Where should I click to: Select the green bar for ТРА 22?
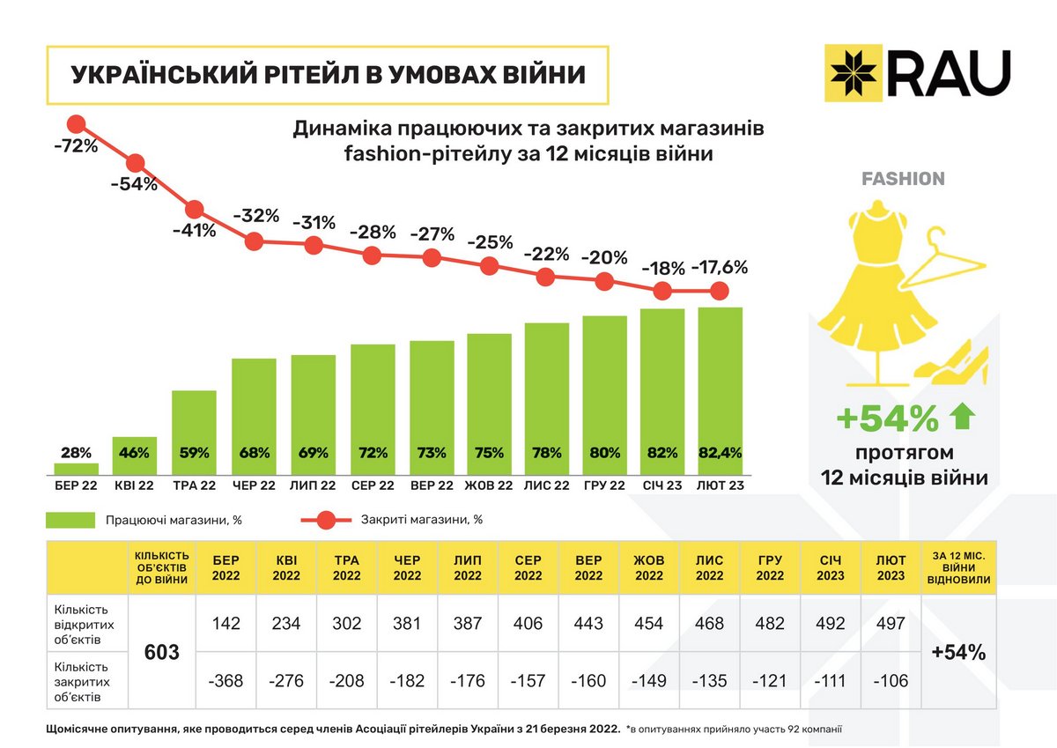click(194, 432)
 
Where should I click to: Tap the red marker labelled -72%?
click(76, 124)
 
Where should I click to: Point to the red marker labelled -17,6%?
click(720, 291)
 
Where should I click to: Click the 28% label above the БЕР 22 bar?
click(76, 453)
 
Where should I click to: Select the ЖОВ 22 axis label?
click(489, 485)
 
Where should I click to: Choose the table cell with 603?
click(161, 652)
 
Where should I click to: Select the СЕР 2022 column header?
click(528, 568)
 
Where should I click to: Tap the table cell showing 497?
click(891, 623)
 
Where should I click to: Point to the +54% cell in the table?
click(958, 652)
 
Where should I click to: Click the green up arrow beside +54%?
click(962, 418)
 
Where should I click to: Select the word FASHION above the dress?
click(902, 179)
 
